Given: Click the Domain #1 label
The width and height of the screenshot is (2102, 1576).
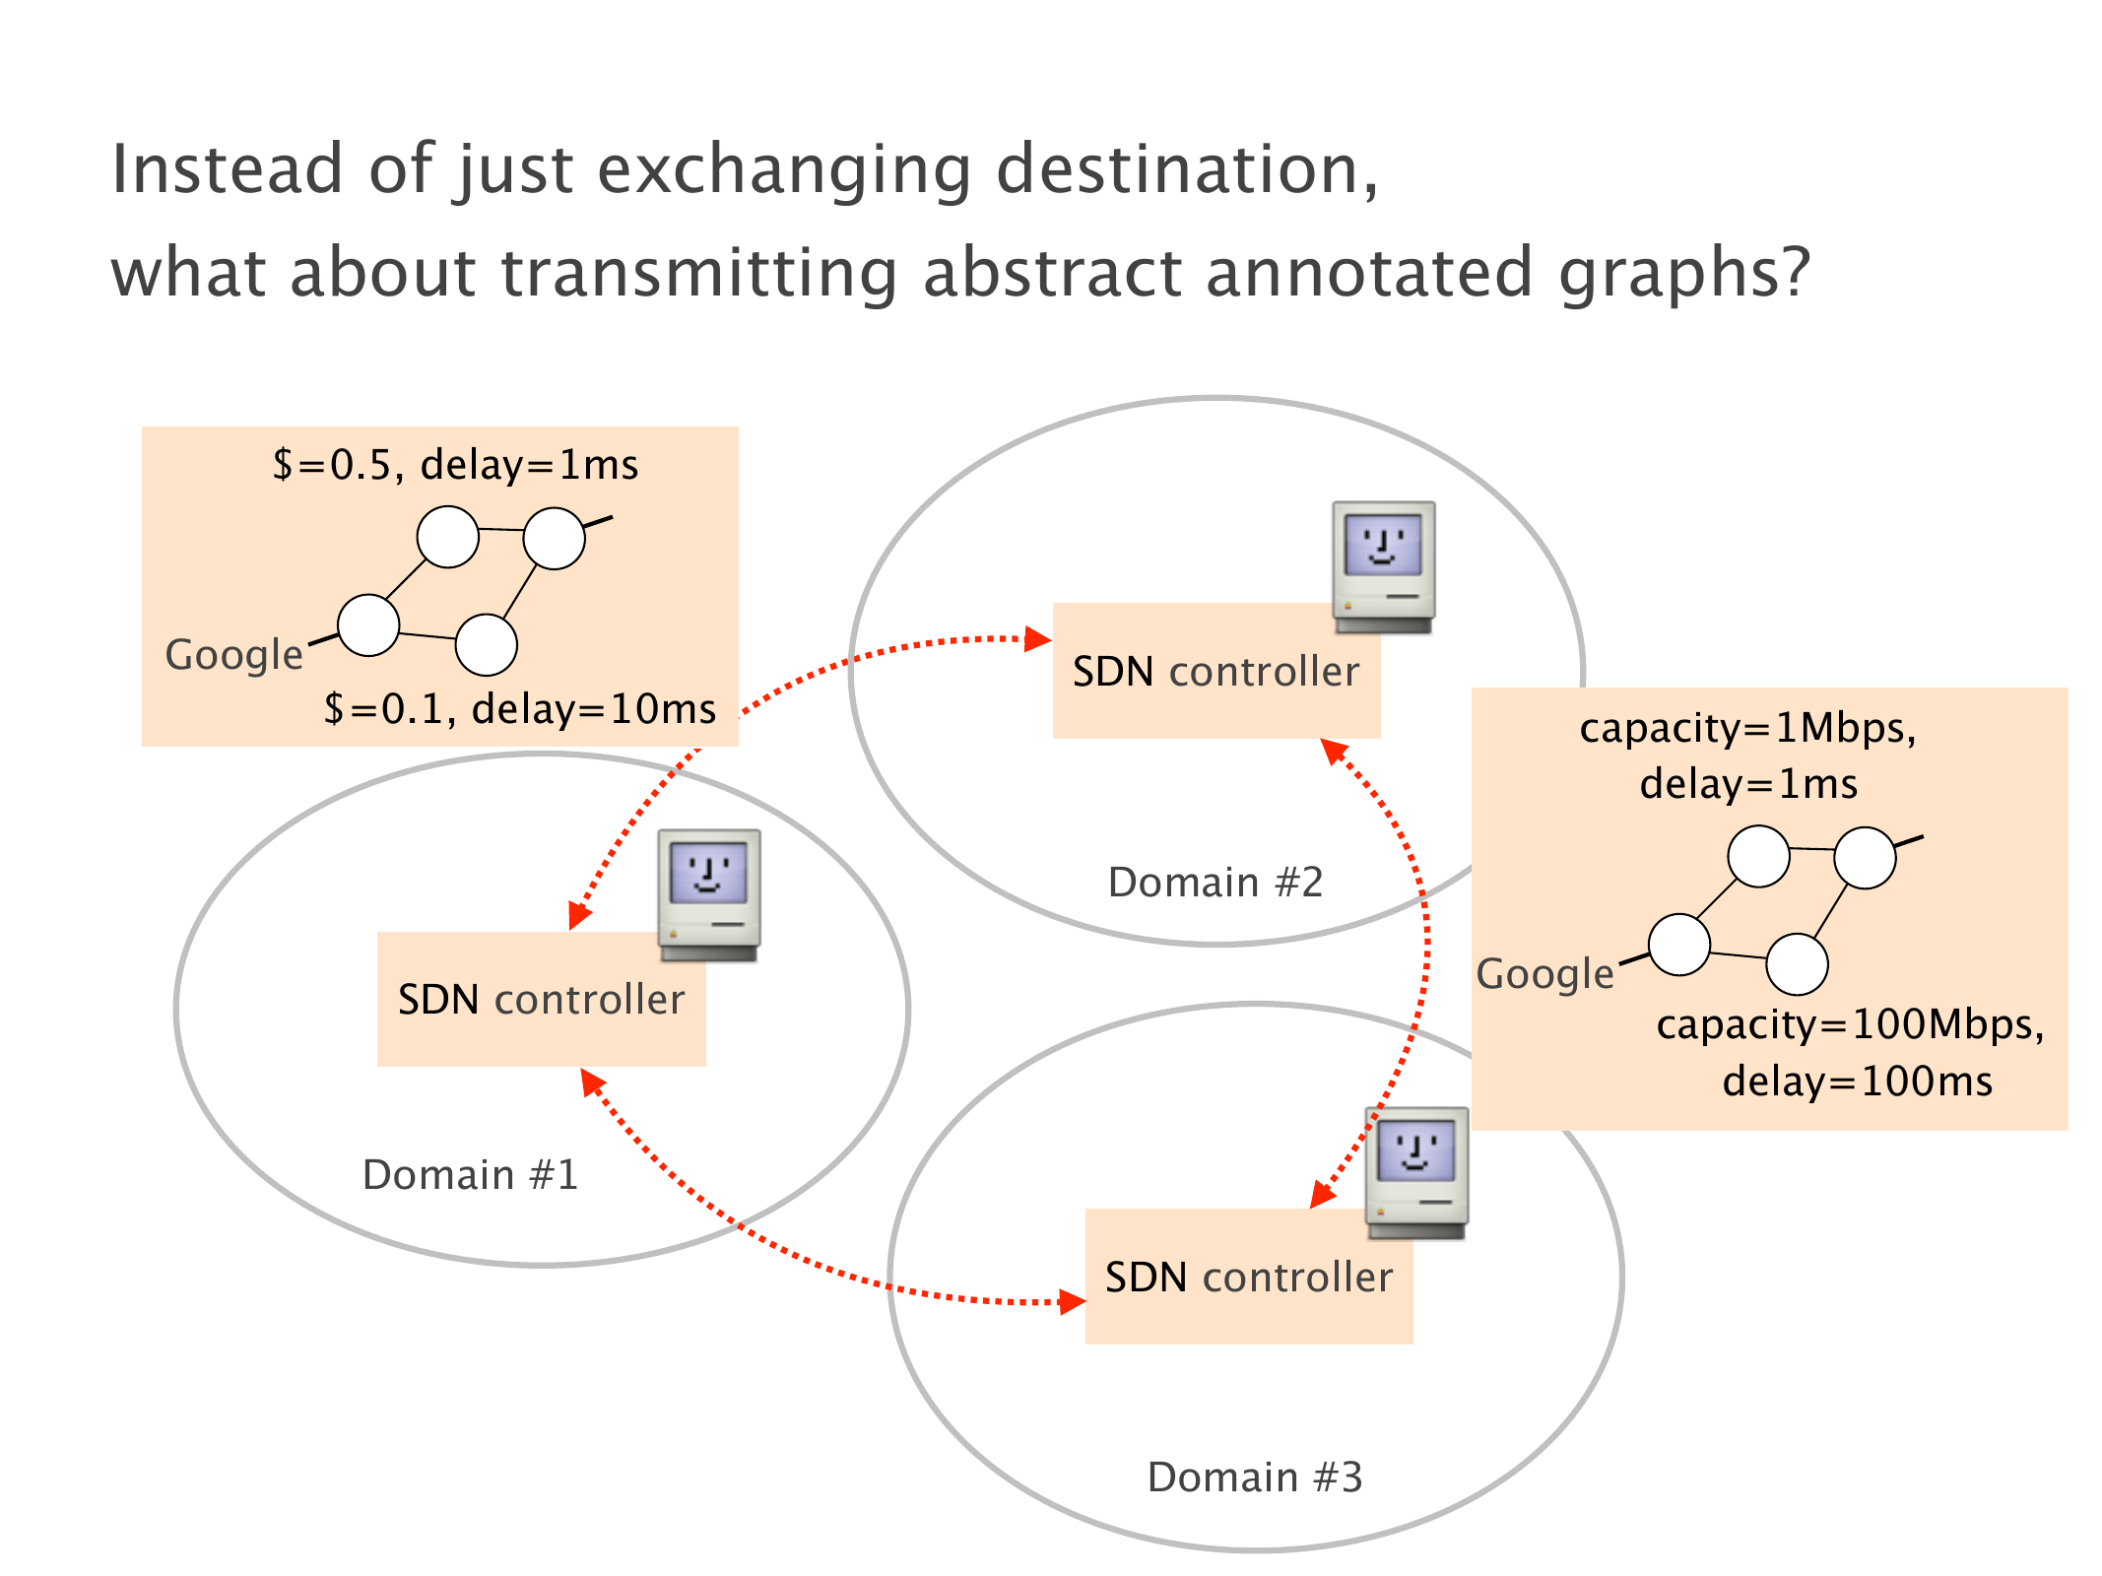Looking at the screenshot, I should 470,1174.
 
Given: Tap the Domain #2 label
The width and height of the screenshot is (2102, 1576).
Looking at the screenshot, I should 1215,882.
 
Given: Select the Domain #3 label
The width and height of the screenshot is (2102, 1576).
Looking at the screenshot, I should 1255,1477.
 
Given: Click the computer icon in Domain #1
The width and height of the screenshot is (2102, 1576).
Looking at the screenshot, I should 709,894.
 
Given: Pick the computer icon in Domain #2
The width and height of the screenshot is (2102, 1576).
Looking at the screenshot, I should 1383,566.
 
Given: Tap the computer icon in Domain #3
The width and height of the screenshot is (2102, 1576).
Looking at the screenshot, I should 1416,1172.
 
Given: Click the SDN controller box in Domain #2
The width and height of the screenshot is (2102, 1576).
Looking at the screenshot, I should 1215,672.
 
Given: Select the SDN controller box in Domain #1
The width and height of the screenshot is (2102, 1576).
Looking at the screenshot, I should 541,1000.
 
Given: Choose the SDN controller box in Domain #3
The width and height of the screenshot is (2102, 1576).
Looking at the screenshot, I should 1248,1278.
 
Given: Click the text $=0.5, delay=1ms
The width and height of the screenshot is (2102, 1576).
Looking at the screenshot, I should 455,464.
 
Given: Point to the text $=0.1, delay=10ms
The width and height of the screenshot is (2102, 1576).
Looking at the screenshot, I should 519,708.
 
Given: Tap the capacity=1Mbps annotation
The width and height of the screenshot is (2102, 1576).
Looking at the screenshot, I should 1747,728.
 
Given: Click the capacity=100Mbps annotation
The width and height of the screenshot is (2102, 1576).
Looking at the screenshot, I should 1850,1024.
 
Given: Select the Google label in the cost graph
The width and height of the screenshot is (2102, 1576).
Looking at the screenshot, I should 233,654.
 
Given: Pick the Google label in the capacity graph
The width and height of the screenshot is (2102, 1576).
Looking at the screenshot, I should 1544,973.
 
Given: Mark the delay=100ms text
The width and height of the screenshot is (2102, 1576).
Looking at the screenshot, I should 1857,1081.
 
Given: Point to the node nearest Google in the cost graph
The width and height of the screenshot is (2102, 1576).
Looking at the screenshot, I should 368,624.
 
